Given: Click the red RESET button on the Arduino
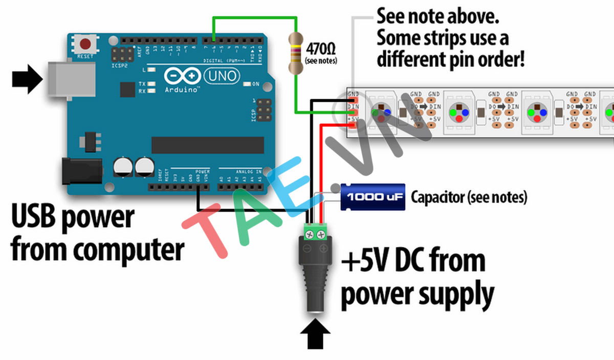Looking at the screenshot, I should pyautogui.click(x=87, y=44).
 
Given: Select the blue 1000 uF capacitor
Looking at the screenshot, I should pyautogui.click(x=373, y=197).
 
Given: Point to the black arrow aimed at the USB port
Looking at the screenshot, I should pyautogui.click(x=27, y=81).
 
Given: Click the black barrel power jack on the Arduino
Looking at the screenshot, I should pyautogui.click(x=78, y=170).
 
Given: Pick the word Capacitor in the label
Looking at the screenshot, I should pyautogui.click(x=438, y=197).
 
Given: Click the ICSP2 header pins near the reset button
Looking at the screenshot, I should pyautogui.click(x=120, y=54).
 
